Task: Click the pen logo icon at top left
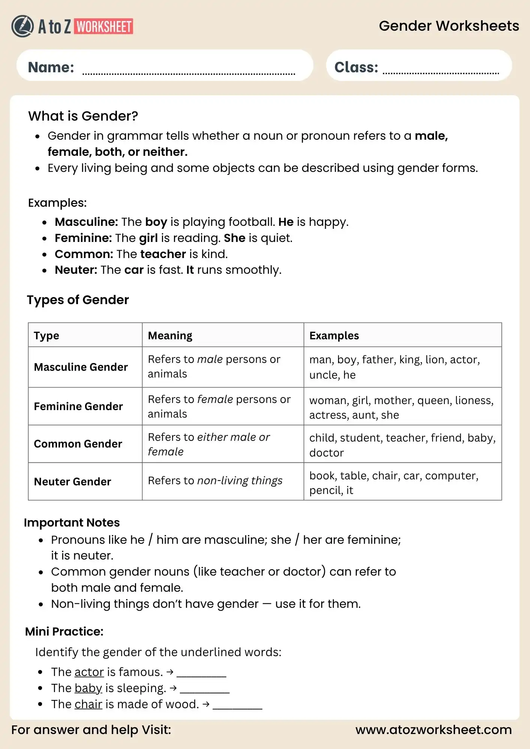coord(22,26)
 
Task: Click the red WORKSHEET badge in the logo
coord(104,27)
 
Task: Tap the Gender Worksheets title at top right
coord(449,26)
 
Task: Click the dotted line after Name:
coord(189,73)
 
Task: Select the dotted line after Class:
coord(440,73)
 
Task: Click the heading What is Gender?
coord(83,116)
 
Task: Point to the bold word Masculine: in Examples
coord(86,222)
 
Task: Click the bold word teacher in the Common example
coord(163,254)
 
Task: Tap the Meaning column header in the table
coord(170,336)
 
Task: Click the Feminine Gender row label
coord(78,406)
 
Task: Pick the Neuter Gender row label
coord(72,482)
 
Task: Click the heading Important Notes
coord(72,523)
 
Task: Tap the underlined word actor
coord(89,672)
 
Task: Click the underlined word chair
coord(88,704)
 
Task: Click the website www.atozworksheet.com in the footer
coord(433,730)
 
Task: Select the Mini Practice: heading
coord(64,632)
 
